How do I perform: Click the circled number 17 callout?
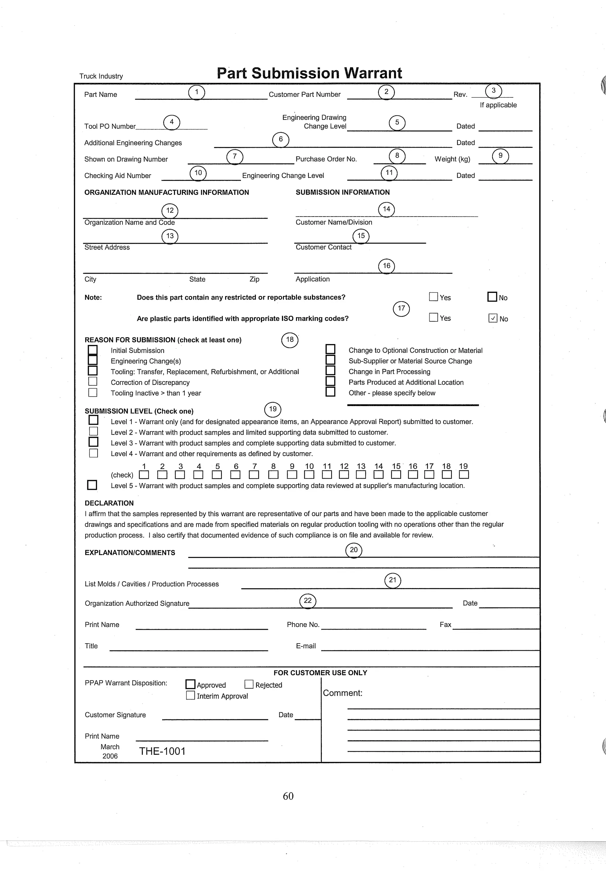click(401, 309)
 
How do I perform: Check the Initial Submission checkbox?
click(93, 350)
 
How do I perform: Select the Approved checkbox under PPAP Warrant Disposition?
click(190, 684)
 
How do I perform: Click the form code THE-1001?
click(162, 751)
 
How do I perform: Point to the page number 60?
click(288, 796)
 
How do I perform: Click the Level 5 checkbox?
click(92, 485)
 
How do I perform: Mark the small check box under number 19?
click(464, 475)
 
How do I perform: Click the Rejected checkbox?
click(249, 684)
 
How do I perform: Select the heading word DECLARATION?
click(109, 503)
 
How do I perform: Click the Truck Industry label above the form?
click(101, 76)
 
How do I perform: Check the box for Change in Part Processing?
click(330, 370)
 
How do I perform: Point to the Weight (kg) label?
click(452, 159)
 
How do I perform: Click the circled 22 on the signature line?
click(307, 601)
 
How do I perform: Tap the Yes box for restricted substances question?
click(433, 297)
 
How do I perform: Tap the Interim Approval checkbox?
click(190, 695)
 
